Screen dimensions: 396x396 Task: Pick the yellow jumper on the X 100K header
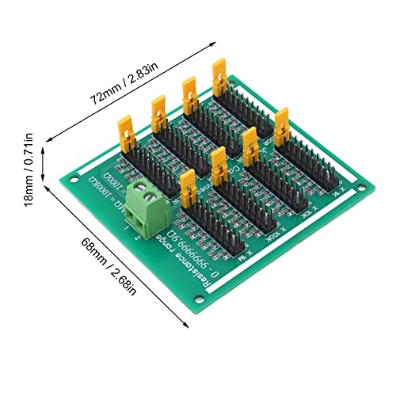click(219, 162)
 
